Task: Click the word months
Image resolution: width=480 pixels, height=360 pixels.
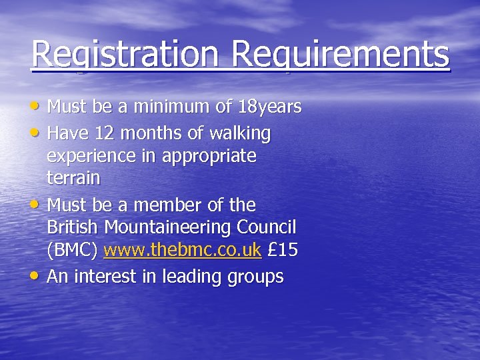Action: pos(153,134)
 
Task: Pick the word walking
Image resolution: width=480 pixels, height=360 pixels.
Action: pos(241,134)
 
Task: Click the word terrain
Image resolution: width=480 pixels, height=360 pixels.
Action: pos(73,179)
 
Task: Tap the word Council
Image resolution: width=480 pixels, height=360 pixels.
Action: pos(267,227)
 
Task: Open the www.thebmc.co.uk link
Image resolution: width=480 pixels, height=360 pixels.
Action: pos(182,251)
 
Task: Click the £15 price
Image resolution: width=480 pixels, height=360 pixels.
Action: pos(282,251)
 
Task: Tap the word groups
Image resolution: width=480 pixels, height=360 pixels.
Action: pos(255,277)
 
